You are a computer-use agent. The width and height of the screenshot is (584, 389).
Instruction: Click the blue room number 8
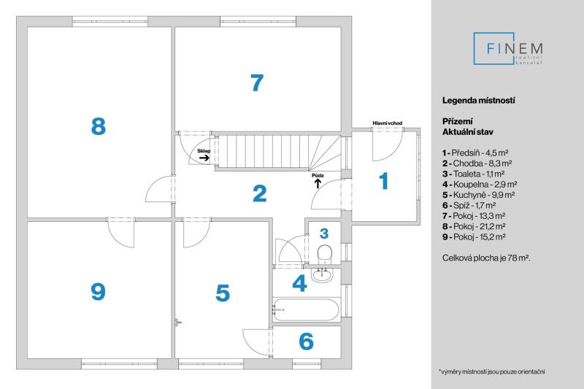click(99, 126)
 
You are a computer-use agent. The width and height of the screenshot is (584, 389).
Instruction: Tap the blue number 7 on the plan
click(257, 82)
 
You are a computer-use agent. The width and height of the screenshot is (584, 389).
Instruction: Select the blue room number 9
click(99, 291)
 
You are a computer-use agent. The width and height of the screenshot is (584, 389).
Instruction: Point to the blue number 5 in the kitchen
click(223, 293)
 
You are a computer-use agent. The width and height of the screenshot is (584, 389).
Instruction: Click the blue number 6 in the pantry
click(306, 341)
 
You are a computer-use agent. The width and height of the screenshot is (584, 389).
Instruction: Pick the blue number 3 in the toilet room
click(324, 234)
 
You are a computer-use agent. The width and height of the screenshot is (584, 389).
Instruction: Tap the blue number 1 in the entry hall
click(384, 181)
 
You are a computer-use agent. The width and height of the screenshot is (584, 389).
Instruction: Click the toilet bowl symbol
click(325, 255)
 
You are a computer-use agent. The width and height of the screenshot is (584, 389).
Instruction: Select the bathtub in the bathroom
click(306, 309)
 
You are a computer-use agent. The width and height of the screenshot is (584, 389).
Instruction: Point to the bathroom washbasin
click(322, 274)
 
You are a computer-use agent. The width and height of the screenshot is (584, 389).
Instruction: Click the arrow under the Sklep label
click(204, 158)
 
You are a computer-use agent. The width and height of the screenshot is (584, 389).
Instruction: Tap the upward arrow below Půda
click(318, 183)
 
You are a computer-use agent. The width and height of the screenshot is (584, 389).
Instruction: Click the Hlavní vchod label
click(388, 123)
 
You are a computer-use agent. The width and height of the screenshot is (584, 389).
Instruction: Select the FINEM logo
click(508, 49)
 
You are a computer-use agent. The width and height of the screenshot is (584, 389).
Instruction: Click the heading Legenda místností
click(479, 100)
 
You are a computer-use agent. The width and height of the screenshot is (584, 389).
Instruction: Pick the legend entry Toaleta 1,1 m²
click(473, 174)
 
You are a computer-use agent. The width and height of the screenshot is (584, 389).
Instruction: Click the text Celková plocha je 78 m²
click(486, 258)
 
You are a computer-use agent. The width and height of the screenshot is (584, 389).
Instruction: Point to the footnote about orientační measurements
click(491, 371)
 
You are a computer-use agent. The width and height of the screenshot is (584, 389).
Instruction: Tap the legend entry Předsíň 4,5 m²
click(475, 153)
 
